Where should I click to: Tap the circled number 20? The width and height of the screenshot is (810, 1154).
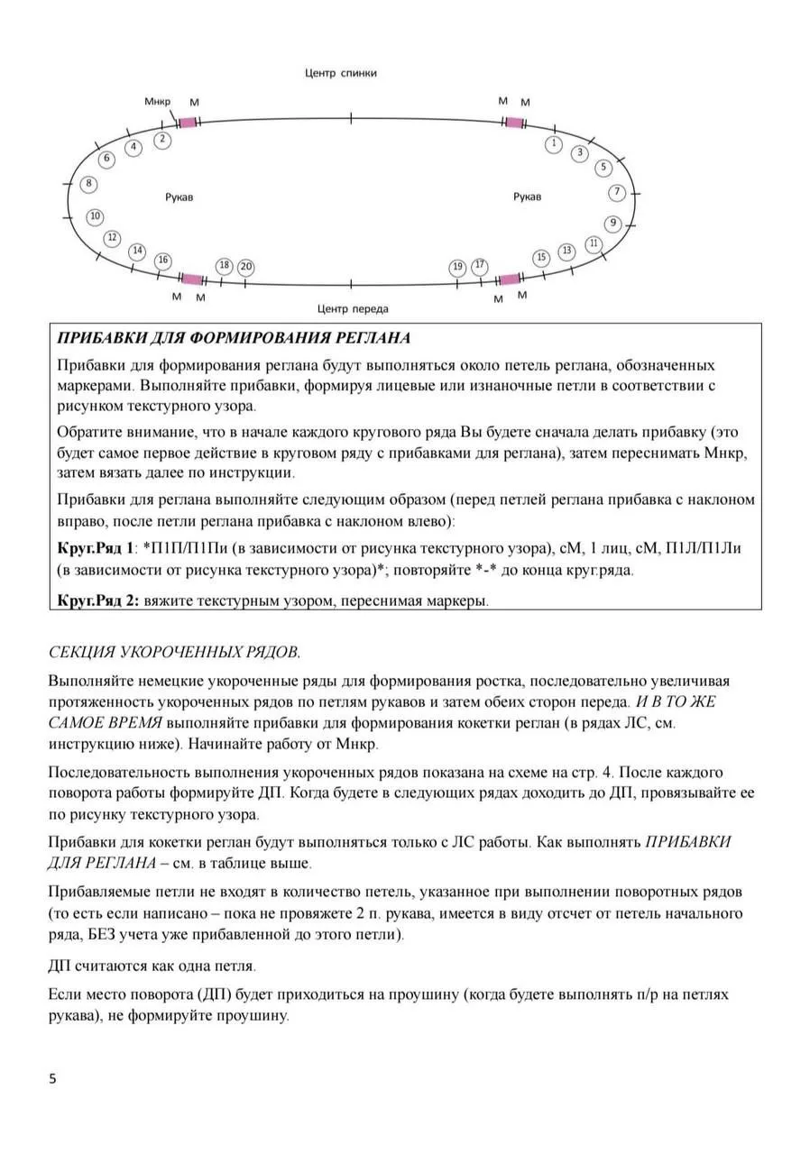point(245,267)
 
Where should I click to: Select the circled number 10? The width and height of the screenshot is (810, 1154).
point(95,216)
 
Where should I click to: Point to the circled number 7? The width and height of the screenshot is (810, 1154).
point(617,192)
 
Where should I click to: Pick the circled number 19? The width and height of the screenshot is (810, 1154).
point(458,267)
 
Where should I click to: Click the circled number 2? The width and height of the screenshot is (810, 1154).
point(162,140)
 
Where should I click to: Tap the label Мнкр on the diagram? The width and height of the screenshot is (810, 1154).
point(157,101)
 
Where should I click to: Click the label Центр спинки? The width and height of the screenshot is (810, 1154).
point(340,73)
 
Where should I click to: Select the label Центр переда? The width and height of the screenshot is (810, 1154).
point(353,309)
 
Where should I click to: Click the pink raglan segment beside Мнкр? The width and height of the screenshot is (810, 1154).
point(188,122)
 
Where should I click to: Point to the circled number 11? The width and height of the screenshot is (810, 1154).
point(594,243)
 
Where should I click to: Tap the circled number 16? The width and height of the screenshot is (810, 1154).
point(162,261)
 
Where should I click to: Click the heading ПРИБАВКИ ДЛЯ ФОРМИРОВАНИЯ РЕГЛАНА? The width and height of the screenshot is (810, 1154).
point(234,339)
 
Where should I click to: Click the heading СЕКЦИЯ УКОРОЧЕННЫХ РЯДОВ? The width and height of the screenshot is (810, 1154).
point(174,652)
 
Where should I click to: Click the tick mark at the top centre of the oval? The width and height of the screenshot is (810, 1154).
point(351,117)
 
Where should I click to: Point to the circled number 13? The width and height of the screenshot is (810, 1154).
point(566,251)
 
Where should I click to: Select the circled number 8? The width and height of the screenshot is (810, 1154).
point(88,184)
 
